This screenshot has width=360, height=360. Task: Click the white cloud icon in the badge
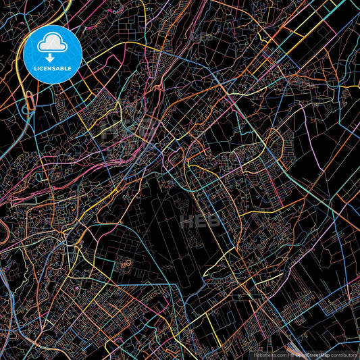click(53, 43)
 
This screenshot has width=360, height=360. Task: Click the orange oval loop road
click(32, 102)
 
